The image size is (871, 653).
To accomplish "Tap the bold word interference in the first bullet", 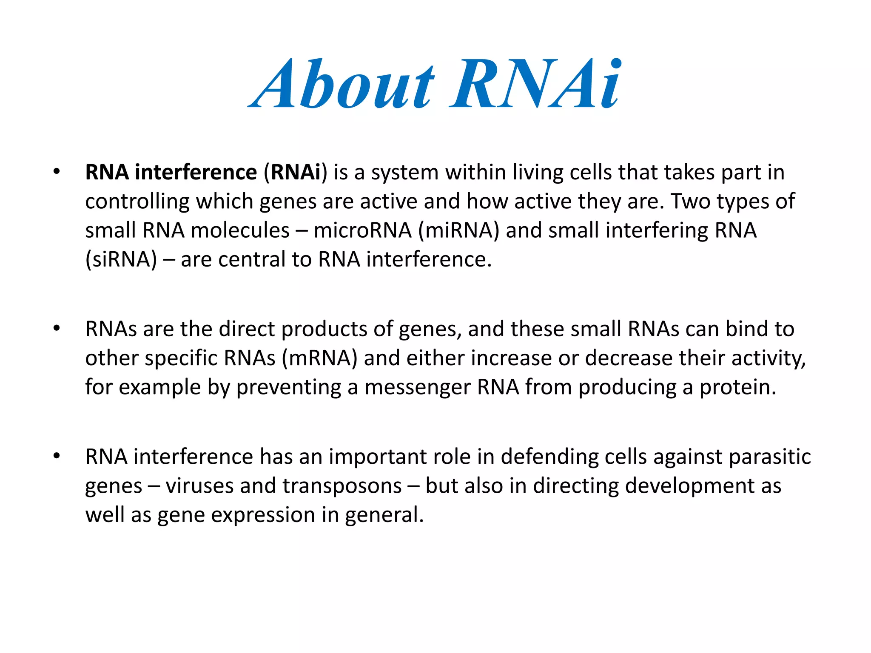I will tap(196, 173).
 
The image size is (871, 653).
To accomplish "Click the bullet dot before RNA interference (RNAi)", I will tap(57, 172).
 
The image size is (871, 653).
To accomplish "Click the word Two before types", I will tap(691, 202).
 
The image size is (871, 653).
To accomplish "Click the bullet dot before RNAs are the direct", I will tap(57, 329).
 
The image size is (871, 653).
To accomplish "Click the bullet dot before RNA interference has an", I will tap(57, 456).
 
